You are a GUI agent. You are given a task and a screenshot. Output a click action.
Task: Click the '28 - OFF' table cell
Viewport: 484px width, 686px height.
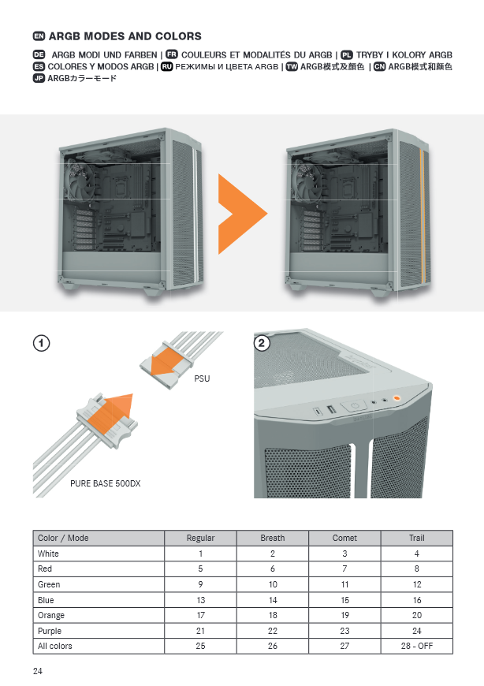[417, 646]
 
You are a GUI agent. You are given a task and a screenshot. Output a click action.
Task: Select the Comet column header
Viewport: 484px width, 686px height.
[344, 538]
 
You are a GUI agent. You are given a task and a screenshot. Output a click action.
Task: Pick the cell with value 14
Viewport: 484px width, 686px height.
[273, 600]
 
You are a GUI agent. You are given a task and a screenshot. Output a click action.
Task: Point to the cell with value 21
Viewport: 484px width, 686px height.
[200, 631]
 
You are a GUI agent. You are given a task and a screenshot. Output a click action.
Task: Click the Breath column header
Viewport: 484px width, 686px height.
[273, 538]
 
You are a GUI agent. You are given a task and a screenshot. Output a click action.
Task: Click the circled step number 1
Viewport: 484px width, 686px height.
[42, 343]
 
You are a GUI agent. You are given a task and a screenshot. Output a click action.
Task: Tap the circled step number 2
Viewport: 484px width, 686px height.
[262, 343]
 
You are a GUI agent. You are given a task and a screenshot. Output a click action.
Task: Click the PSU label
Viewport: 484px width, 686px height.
[202, 378]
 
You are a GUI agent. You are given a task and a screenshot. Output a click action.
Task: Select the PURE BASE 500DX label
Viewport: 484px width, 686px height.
[106, 483]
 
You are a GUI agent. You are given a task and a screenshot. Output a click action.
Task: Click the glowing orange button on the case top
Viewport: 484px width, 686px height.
[397, 398]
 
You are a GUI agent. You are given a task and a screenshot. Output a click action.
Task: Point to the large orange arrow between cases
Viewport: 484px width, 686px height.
[242, 214]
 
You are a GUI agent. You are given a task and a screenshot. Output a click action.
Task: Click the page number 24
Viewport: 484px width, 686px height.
[38, 671]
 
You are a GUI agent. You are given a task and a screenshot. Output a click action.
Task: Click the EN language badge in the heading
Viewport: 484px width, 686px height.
[39, 36]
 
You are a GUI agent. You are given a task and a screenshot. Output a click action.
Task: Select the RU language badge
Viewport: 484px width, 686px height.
[166, 66]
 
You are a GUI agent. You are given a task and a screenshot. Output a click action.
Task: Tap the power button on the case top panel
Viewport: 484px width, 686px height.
[355, 405]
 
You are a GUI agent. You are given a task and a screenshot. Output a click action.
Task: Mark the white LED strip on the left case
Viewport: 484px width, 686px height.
[195, 216]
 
